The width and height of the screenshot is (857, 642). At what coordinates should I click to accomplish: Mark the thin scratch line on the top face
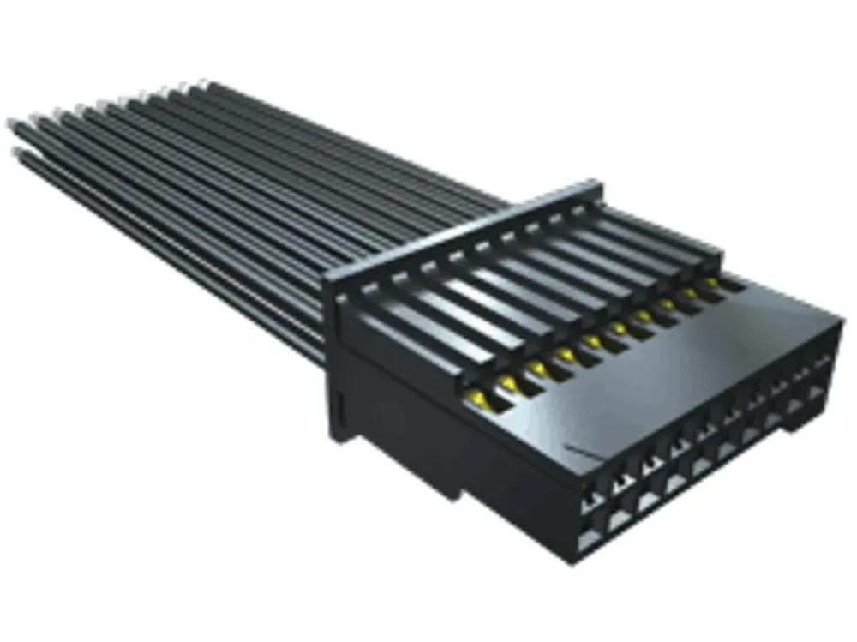click(583, 450)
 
